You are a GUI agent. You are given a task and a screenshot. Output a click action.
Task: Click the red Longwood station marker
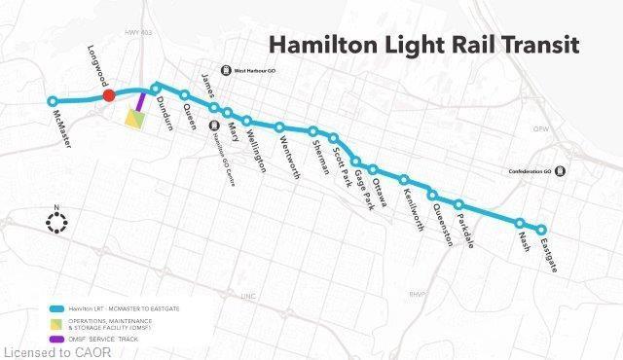pyautogui.click(x=110, y=94)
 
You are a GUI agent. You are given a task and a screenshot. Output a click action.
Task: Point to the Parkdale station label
pyautogui.click(x=470, y=225)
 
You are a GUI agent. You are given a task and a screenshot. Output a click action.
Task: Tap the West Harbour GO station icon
pyautogui.click(x=226, y=69)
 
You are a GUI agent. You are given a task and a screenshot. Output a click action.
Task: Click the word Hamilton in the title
pyautogui.click(x=326, y=45)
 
